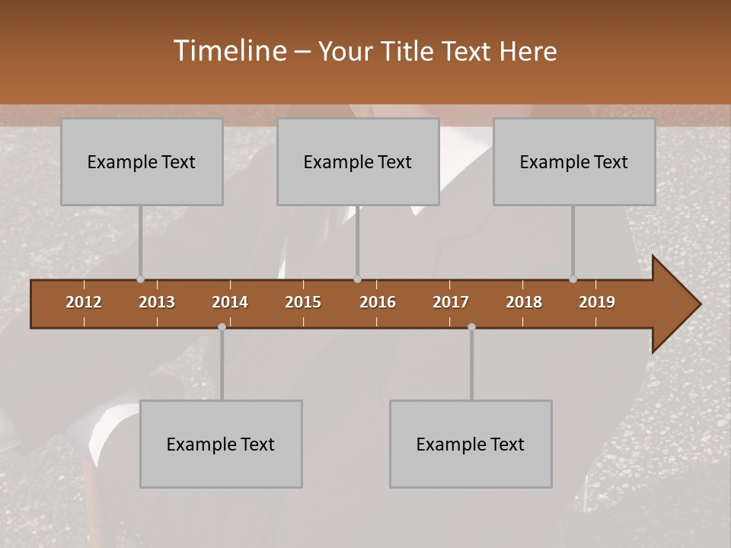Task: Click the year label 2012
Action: [x=84, y=302]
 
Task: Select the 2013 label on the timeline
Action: [x=157, y=302]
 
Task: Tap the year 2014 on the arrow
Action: [x=230, y=302]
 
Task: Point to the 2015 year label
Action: [x=303, y=302]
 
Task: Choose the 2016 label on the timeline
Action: [x=378, y=302]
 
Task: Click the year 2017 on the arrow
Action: [x=451, y=302]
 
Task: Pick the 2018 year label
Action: [x=524, y=302]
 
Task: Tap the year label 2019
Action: [x=597, y=302]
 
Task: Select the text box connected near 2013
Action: [x=142, y=161]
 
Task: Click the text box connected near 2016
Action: [x=358, y=161]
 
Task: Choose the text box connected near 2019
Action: [x=574, y=161]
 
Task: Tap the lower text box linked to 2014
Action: [x=221, y=444]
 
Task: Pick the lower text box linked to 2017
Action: [x=471, y=444]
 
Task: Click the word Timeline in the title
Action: [x=228, y=51]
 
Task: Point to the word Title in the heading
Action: [x=409, y=52]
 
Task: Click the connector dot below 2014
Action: [x=222, y=327]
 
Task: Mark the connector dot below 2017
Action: [x=471, y=327]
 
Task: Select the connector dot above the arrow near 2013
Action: [x=140, y=279]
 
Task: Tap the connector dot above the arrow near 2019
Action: [x=573, y=279]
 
